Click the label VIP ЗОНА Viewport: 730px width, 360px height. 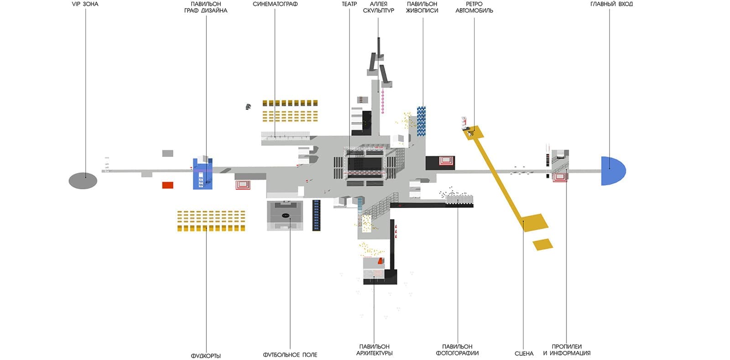(x=85, y=4)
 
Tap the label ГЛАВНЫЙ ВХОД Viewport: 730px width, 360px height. (x=611, y=4)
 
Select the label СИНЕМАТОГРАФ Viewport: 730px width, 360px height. (x=275, y=4)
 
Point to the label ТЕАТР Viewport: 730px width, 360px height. (x=349, y=4)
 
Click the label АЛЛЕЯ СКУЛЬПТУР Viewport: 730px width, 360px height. (x=378, y=7)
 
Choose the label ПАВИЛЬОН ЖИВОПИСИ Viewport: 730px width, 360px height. (x=422, y=7)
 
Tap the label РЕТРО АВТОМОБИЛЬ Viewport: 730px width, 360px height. (x=474, y=7)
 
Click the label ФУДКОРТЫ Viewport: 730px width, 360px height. (x=206, y=355)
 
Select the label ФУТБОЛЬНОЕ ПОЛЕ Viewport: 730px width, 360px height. (x=290, y=355)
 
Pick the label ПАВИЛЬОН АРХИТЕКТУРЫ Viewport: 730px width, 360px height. (x=374, y=350)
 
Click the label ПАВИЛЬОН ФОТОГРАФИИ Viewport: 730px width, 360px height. (x=457, y=350)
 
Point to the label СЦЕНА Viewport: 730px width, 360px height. (x=524, y=354)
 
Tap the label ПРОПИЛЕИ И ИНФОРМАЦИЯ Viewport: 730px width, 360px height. (x=567, y=350)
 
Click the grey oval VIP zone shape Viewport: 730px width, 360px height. (x=83, y=181)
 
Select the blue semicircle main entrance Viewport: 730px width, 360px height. (x=611, y=171)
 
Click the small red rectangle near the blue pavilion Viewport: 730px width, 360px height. (x=168, y=185)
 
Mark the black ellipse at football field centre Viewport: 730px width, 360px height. (x=286, y=215)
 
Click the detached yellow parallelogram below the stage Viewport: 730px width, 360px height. (x=543, y=245)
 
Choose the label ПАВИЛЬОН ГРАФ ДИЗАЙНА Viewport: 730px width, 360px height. (x=206, y=7)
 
